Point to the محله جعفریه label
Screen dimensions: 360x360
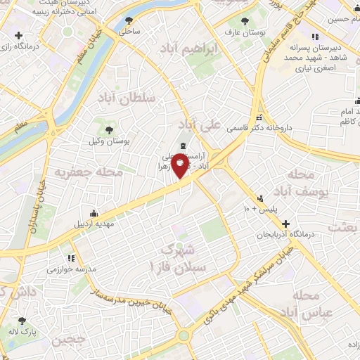[x=90, y=171]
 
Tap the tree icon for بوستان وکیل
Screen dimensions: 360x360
[x=109, y=129]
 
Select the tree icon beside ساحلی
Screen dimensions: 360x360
[x=128, y=20]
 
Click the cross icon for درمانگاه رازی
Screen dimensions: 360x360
[x=18, y=35]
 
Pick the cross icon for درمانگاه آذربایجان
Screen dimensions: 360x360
[x=285, y=223]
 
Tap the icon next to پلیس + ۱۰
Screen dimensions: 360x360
[x=259, y=198]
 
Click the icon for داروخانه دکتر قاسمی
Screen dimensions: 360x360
[x=261, y=117]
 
